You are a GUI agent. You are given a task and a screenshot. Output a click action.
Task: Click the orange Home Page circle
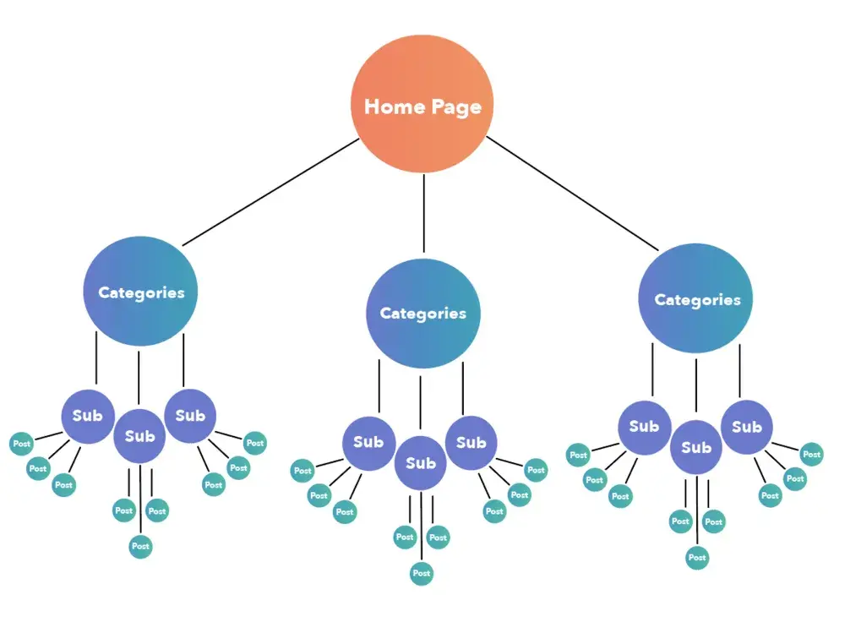point(422,106)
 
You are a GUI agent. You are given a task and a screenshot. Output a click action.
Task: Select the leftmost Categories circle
point(140,292)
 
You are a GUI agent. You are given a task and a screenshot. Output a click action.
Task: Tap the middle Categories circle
point(422,313)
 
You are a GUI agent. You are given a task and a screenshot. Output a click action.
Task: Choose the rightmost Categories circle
point(696,299)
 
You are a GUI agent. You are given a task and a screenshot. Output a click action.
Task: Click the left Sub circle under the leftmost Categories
point(87,415)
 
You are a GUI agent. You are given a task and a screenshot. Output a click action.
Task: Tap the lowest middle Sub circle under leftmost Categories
point(139,436)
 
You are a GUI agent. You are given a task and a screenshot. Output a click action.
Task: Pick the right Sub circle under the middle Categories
point(471,442)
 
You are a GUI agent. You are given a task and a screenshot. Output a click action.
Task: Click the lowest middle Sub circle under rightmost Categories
point(696,447)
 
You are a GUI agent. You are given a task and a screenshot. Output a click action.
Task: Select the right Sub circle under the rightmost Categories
point(746,427)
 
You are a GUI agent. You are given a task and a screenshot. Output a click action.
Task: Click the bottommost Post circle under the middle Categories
point(421,573)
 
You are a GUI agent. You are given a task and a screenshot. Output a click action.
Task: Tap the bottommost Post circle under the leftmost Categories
point(140,546)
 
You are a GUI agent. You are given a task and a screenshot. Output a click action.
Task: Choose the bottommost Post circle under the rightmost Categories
point(696,558)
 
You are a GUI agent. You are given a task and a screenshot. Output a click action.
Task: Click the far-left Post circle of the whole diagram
point(21,443)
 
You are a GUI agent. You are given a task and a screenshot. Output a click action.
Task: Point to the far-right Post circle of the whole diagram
point(811,454)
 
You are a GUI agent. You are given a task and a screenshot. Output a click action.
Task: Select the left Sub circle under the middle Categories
point(368,442)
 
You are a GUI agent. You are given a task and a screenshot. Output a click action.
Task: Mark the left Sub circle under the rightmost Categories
point(644,427)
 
